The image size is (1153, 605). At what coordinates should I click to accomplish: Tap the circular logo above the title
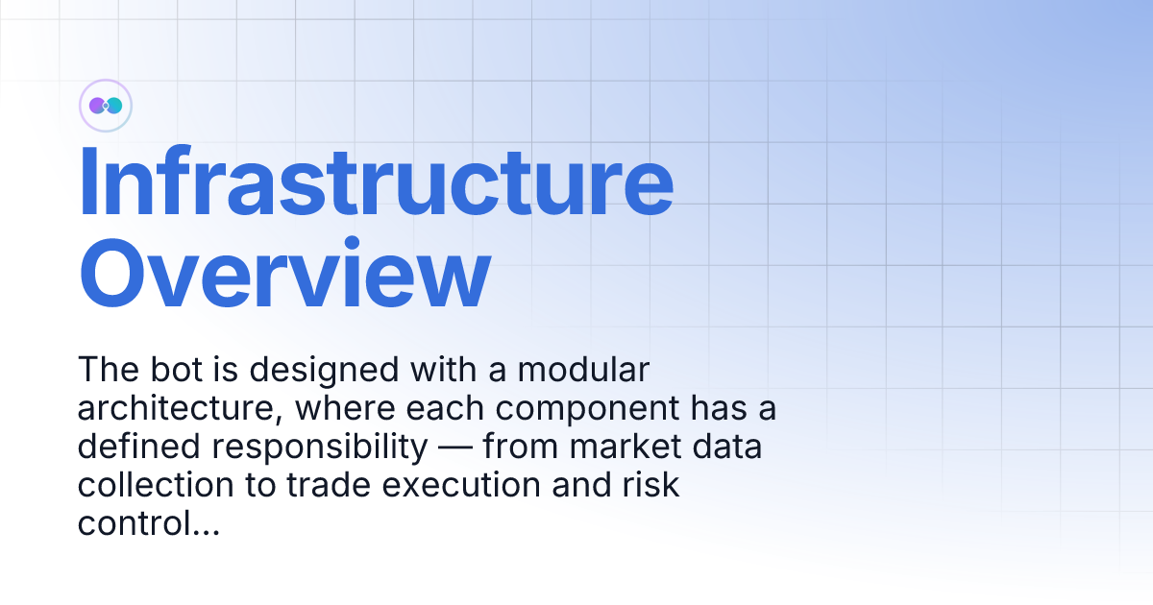coord(105,105)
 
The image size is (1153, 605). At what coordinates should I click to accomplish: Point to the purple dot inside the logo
coord(97,105)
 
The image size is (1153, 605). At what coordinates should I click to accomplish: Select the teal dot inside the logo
coord(113,105)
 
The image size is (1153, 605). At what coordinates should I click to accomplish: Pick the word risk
coord(653,486)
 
